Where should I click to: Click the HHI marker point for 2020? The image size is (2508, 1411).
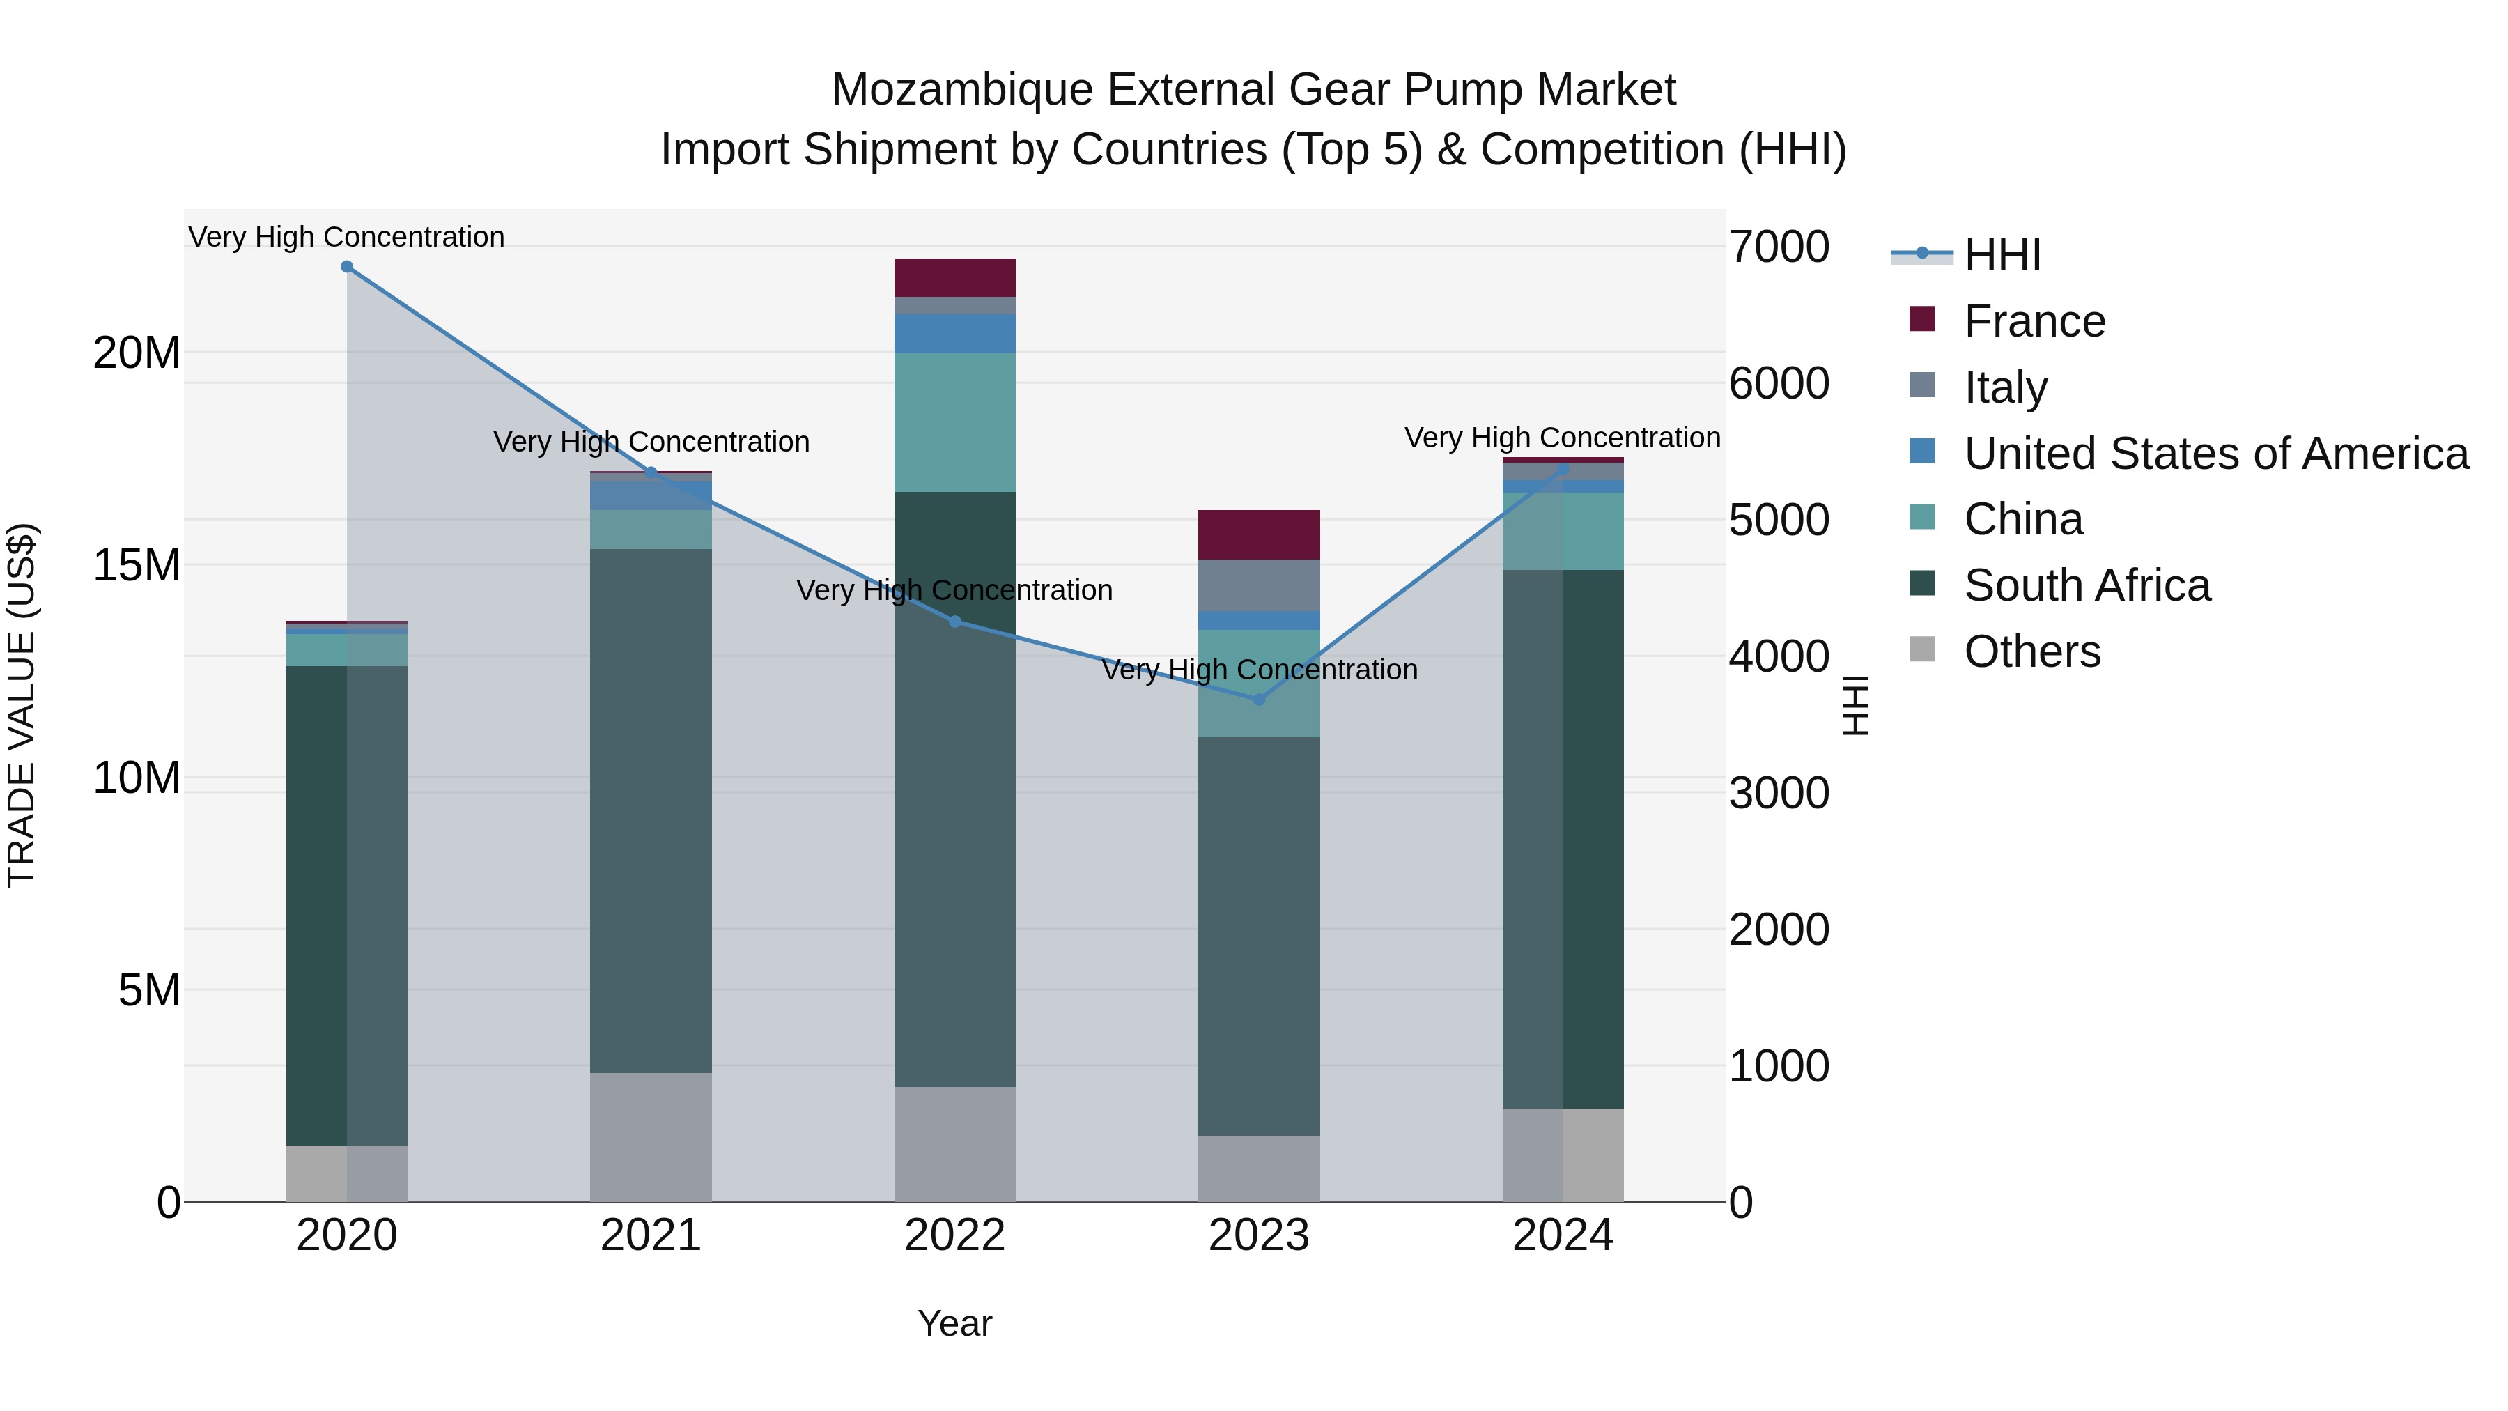[x=347, y=267]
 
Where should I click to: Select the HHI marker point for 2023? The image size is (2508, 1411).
[x=1259, y=699]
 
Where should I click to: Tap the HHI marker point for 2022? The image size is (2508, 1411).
[x=955, y=622]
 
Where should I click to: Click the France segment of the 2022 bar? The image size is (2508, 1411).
[x=955, y=277]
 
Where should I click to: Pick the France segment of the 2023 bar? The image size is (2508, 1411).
[x=1259, y=534]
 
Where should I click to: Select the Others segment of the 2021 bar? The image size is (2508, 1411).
[x=651, y=1136]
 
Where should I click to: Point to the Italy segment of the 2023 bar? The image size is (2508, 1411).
[x=1259, y=585]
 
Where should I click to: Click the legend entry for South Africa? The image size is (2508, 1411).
[x=2087, y=585]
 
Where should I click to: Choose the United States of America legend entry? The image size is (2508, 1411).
[x=2215, y=454]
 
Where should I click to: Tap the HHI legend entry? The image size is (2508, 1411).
[x=2002, y=255]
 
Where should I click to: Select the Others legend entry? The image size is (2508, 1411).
[x=2032, y=651]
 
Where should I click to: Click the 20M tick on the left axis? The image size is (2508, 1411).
[x=137, y=353]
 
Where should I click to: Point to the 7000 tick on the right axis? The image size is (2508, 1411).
[x=1779, y=247]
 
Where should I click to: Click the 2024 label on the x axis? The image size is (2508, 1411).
[x=1563, y=1235]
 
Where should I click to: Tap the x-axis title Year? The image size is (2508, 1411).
[x=954, y=1323]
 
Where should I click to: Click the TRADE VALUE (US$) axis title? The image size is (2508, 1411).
[x=22, y=705]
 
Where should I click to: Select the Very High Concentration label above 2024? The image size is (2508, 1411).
[x=1562, y=438]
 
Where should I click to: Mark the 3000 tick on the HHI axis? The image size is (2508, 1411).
[x=1779, y=793]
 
